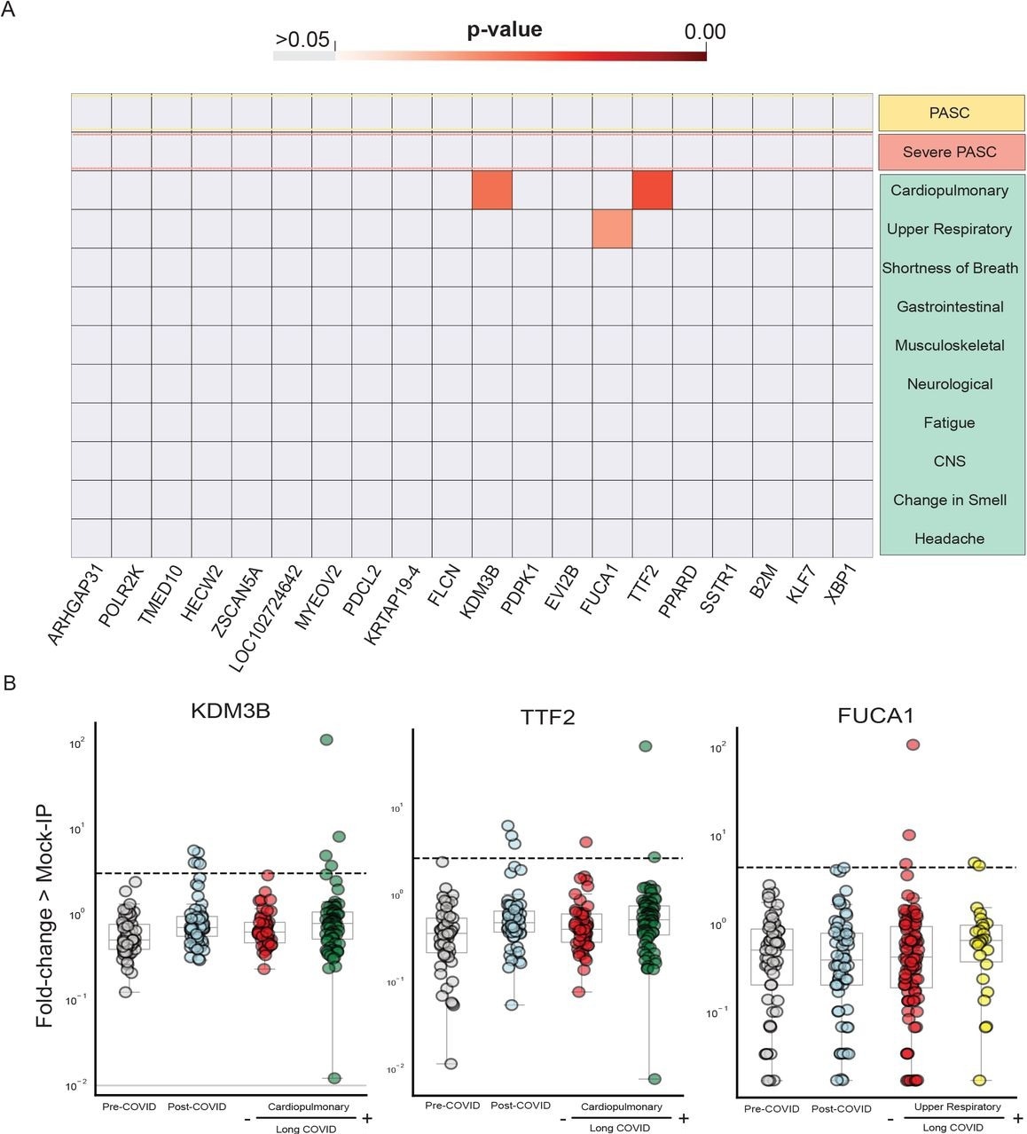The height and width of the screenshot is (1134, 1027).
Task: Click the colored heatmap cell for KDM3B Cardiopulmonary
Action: [491, 190]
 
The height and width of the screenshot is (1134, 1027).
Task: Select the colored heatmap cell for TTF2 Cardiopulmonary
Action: [652, 190]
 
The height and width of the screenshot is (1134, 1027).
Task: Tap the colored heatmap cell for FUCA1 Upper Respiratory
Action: [612, 229]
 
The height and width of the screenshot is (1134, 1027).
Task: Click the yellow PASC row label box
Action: [951, 113]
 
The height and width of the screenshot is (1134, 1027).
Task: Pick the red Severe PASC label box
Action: [951, 152]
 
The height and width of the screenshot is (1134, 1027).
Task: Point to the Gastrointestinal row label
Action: [950, 307]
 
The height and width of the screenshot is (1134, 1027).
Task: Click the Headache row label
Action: [950, 539]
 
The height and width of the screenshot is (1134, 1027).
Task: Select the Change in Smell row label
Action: [950, 500]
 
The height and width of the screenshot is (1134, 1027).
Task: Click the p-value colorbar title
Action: [504, 30]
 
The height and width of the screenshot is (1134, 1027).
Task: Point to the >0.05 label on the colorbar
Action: [302, 40]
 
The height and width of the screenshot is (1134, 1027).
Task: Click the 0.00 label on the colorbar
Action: [705, 32]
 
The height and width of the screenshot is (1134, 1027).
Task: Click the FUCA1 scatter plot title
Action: [876, 715]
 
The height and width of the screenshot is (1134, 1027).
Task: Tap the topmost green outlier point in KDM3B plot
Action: [326, 740]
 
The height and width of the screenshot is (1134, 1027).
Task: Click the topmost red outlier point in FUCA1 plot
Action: [912, 744]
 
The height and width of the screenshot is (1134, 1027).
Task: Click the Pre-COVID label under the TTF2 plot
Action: [452, 1106]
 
